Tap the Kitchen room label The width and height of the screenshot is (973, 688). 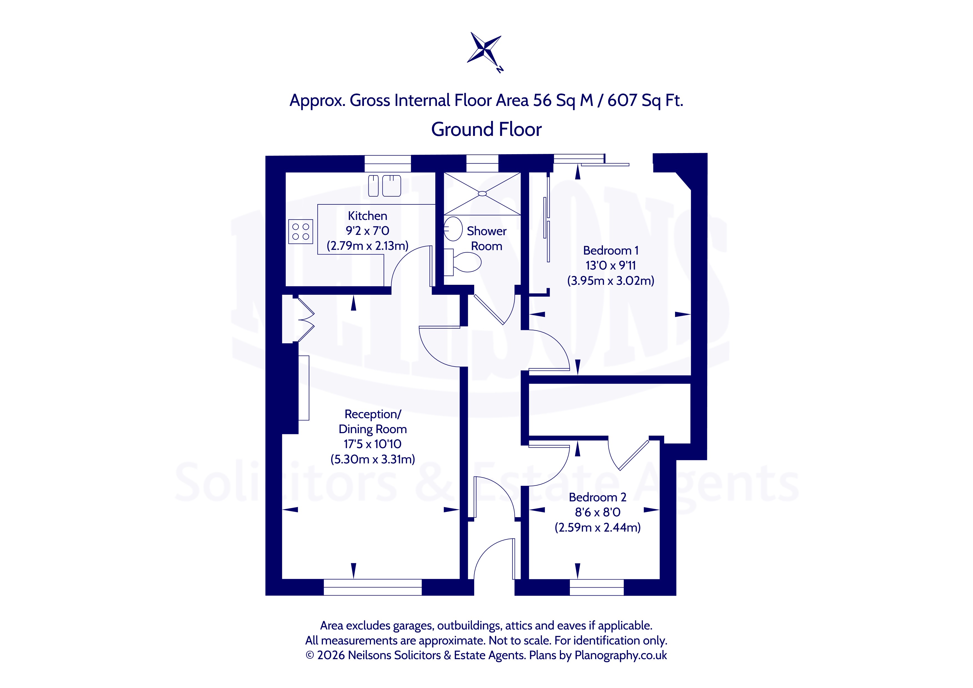click(x=367, y=216)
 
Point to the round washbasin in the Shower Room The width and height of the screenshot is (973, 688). click(x=453, y=229)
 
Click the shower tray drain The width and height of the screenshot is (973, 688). click(x=482, y=194)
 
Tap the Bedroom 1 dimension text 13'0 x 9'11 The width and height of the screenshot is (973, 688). click(x=611, y=266)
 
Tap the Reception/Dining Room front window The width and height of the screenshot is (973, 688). click(x=373, y=587)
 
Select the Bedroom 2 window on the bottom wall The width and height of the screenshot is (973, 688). click(x=597, y=587)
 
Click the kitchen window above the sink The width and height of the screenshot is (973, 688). click(x=388, y=164)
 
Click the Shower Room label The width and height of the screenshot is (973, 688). click(x=487, y=238)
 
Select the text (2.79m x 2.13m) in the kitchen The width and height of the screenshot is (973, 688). click(x=367, y=246)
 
